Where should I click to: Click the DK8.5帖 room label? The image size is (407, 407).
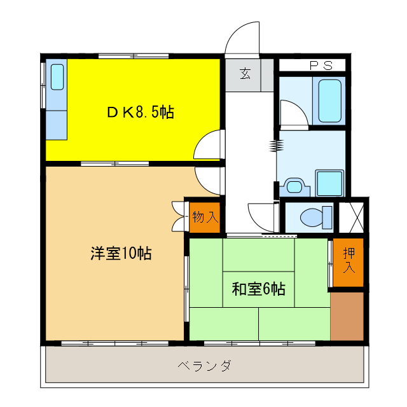tap(140, 113)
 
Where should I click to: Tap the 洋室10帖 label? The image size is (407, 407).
tap(120, 253)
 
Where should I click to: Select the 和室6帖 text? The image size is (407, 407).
tap(258, 289)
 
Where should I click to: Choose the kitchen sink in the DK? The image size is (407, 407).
tap(57, 77)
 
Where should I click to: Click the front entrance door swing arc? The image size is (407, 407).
tap(243, 38)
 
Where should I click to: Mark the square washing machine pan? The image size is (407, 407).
tap(329, 183)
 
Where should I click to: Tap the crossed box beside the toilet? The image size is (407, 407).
tap(352, 217)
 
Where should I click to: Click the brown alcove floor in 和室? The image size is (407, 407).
tap(347, 316)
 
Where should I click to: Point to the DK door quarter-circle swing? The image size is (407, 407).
tap(209, 145)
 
